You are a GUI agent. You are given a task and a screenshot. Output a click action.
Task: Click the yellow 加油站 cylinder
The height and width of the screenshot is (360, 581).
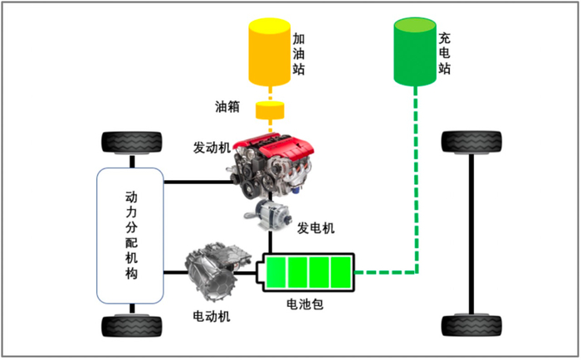pyautogui.click(x=270, y=52)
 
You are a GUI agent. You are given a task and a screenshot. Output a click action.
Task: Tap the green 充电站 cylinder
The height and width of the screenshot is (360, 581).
pyautogui.click(x=415, y=52)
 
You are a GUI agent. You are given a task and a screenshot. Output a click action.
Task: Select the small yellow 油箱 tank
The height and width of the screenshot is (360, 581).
pyautogui.click(x=270, y=110)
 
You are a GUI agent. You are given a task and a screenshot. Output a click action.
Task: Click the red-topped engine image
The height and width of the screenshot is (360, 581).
pyautogui.click(x=271, y=165)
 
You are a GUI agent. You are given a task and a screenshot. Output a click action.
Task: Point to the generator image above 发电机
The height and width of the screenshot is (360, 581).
pyautogui.click(x=267, y=214)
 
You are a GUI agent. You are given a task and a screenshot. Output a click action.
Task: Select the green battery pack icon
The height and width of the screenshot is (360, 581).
pyautogui.click(x=305, y=272)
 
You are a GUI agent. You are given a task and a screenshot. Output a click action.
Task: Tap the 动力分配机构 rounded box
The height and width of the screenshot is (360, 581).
pyautogui.click(x=130, y=236)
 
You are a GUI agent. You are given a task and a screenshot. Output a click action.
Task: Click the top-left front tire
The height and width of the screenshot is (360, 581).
pyautogui.click(x=132, y=143)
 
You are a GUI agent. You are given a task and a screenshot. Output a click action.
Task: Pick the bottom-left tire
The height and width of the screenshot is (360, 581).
pyautogui.click(x=132, y=326)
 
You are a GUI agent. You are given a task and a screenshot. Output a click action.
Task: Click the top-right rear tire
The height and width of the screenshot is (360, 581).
pyautogui.click(x=471, y=142)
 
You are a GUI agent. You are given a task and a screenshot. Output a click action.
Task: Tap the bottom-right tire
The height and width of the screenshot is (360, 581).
pyautogui.click(x=471, y=325)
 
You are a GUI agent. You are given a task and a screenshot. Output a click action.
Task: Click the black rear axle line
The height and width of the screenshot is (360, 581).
pyautogui.click(x=471, y=234)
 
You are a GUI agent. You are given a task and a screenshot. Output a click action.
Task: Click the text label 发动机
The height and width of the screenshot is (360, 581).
pyautogui.click(x=212, y=148)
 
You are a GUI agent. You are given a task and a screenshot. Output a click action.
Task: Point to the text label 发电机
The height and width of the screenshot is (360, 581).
pyautogui.click(x=315, y=228)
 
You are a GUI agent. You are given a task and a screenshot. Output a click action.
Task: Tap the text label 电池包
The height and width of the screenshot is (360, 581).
pyautogui.click(x=305, y=304)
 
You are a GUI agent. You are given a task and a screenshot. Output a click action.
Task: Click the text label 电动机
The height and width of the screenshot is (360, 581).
pyautogui.click(x=212, y=316)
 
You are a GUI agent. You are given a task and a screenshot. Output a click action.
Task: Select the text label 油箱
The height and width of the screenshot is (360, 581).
pyautogui.click(x=227, y=107)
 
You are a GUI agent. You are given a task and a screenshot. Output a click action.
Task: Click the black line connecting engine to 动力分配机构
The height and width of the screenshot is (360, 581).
pyautogui.click(x=198, y=182)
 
